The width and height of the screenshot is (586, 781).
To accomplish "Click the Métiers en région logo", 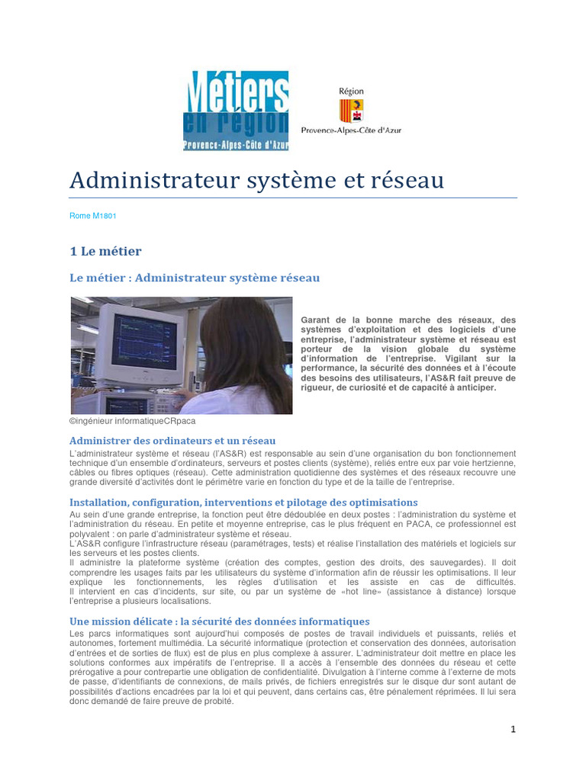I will [236, 111].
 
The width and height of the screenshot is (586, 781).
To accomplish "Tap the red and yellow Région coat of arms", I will [351, 111].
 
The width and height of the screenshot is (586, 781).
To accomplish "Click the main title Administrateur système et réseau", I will [256, 181].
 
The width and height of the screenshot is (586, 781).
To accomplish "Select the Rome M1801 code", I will [92, 216].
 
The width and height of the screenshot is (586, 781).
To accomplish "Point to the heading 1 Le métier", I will [105, 251].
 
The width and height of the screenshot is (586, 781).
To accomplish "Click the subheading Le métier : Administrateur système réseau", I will [195, 278].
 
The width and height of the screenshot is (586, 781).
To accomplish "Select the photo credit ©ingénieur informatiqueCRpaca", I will [132, 420].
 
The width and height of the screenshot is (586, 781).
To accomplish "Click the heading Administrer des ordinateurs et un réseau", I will [172, 441].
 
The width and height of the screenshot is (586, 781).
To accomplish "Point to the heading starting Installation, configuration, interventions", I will [243, 503].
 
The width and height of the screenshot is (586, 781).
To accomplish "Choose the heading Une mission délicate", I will [220, 622].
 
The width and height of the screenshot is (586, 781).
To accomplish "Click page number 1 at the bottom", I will [514, 729].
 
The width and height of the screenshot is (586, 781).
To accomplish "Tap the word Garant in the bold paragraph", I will [316, 320].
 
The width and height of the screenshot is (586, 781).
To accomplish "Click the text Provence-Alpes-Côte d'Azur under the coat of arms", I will [351, 130].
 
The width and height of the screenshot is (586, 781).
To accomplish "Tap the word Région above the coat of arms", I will [351, 92].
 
